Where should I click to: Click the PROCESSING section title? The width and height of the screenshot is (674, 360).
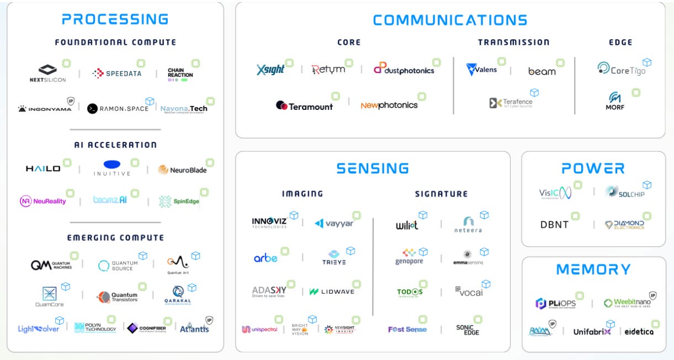(x=115, y=19)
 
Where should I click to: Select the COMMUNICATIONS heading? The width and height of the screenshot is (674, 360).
(x=450, y=20)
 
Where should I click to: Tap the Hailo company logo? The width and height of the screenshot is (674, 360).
(x=43, y=169)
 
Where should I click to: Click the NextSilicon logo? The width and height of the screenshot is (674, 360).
(x=47, y=73)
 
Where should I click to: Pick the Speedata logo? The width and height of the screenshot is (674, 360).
(x=117, y=73)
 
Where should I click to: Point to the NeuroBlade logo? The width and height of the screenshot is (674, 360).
(x=182, y=170)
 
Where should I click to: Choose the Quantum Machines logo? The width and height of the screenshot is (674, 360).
(x=51, y=265)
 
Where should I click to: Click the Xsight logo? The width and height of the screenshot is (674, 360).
(x=270, y=70)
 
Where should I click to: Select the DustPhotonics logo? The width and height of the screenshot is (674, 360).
(x=404, y=69)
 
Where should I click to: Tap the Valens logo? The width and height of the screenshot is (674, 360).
(x=482, y=70)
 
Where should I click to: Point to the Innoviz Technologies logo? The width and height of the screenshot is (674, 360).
(x=269, y=223)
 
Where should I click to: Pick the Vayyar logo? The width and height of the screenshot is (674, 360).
(x=334, y=223)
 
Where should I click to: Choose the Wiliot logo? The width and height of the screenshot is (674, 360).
(x=407, y=225)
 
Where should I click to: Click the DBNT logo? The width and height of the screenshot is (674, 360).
(x=554, y=225)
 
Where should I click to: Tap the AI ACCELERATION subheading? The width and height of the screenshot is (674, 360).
(x=115, y=145)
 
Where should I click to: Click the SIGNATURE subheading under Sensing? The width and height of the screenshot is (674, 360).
(x=441, y=194)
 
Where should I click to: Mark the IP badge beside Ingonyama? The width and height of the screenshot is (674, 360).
(x=71, y=101)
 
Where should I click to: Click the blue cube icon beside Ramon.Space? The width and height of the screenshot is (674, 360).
(x=150, y=101)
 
